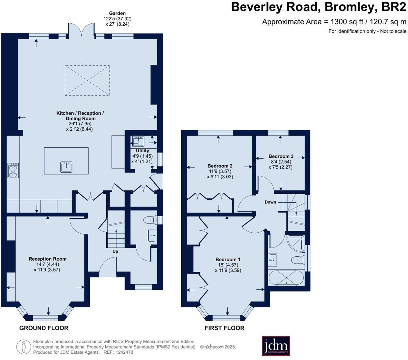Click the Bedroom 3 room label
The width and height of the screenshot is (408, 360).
pos(281,156)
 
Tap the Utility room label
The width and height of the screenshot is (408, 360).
pos(142,150)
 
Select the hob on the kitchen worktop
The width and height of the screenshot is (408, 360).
pos(13,170)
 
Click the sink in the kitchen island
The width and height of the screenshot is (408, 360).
pos(66,167)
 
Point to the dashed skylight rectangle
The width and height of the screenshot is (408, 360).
pos(87,80)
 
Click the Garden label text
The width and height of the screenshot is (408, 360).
pos(117,13)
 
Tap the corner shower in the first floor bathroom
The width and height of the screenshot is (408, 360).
pos(295,243)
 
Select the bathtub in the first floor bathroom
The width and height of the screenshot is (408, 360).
pos(286,278)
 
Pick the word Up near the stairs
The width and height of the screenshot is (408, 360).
pos(115,251)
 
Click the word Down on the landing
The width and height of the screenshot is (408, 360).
pos(270,202)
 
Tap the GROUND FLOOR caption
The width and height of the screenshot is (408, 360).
pos(44,328)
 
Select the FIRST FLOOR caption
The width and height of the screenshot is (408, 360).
pos(224,328)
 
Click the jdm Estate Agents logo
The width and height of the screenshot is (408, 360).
pos(276,346)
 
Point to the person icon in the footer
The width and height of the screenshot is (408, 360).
pos(24,347)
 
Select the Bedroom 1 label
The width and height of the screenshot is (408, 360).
pos(228,260)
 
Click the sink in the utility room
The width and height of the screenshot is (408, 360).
pos(138,141)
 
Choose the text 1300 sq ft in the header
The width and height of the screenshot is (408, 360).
pos(347,22)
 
